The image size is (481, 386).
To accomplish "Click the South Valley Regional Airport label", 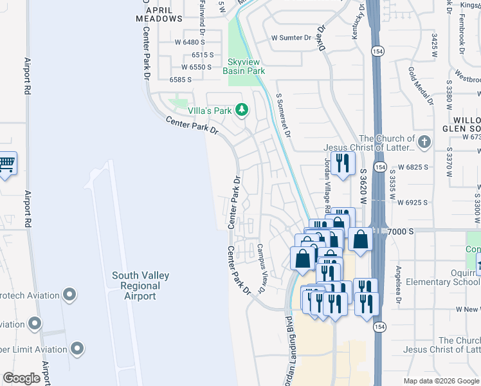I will pos(141,286).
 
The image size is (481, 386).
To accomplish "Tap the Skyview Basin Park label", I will pos(244,67).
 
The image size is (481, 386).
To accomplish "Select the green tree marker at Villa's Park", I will pos(242,111).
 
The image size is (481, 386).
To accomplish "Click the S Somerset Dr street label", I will pos(284,116).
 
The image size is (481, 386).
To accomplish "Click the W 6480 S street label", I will pos(184,42).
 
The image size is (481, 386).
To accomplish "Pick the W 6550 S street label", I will pos(197,67).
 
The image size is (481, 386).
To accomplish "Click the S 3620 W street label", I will pos(364,187).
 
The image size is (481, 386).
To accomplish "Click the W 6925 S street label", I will pos(412,202).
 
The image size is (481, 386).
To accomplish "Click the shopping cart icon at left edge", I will pos(6,165).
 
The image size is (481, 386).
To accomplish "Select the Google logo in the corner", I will pos(21,378).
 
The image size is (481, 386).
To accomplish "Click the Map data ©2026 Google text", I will pos(440,380).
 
